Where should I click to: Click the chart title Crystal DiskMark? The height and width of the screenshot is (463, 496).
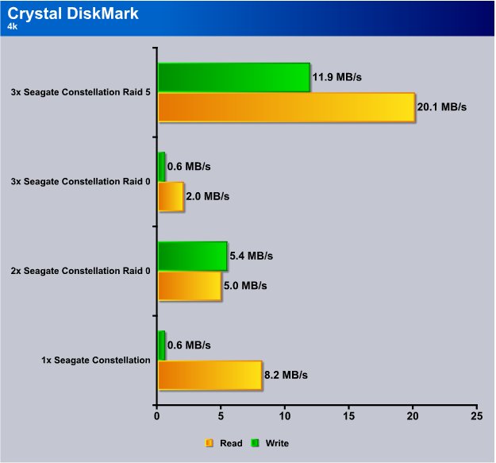click(x=73, y=14)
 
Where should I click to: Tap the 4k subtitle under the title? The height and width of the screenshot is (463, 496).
click(x=13, y=26)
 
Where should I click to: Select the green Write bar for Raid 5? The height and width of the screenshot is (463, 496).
click(x=234, y=78)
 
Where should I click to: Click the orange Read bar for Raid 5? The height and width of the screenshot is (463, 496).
click(x=286, y=107)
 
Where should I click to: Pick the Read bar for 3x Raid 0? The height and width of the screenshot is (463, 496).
click(x=171, y=196)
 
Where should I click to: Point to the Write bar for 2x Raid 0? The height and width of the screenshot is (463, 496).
click(x=192, y=256)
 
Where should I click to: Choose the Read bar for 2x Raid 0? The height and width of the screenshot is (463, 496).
click(x=190, y=286)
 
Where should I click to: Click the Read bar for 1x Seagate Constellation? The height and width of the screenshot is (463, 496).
click(x=210, y=376)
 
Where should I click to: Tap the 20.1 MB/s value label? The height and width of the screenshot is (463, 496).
click(x=441, y=107)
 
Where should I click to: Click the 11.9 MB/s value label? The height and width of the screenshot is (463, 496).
click(x=337, y=77)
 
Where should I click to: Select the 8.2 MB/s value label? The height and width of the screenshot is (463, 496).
click(x=286, y=375)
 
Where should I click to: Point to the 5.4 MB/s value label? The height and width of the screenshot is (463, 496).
click(x=251, y=256)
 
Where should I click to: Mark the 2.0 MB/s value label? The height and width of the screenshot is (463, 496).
click(x=207, y=196)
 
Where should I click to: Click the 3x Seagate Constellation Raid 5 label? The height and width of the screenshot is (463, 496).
click(x=81, y=92)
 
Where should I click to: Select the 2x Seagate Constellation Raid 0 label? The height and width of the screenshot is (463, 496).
click(x=81, y=271)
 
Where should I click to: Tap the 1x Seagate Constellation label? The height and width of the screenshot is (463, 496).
click(x=96, y=360)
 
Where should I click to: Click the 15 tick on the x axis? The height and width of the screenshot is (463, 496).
click(x=348, y=416)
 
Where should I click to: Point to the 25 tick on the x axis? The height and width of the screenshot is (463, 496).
click(x=477, y=416)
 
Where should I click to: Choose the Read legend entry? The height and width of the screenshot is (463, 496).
click(x=224, y=443)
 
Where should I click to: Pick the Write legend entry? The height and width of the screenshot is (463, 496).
click(x=270, y=443)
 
